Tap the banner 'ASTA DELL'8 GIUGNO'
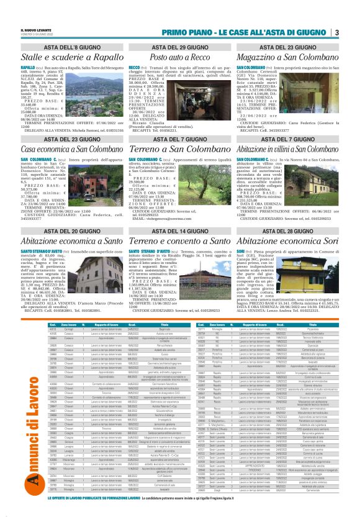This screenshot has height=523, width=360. click(x=73, y=47)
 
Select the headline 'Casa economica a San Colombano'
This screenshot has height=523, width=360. click(x=73, y=149)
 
